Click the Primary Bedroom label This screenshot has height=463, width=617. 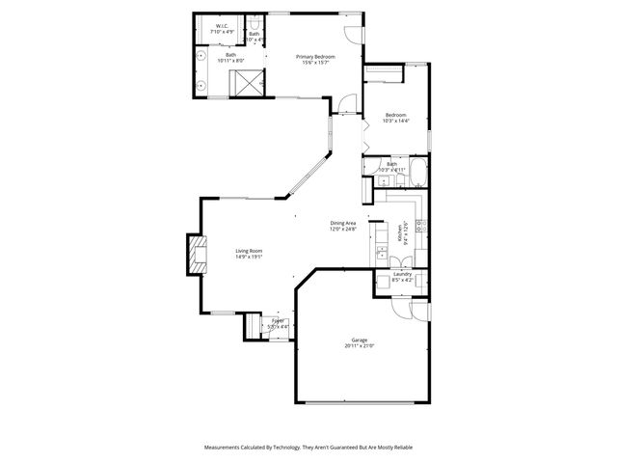pyautogui.click(x=315, y=57)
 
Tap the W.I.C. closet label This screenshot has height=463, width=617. pyautogui.click(x=222, y=27)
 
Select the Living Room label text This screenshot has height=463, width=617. pyautogui.click(x=249, y=251)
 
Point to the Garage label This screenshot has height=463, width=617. pyautogui.click(x=359, y=340)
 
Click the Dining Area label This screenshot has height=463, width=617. pyautogui.click(x=343, y=223)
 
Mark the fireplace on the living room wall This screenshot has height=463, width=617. pyautogui.click(x=197, y=255)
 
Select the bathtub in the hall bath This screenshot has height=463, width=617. pyautogui.click(x=418, y=175)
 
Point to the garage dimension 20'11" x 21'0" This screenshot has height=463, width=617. pyautogui.click(x=359, y=346)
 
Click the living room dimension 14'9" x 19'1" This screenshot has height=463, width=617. pyautogui.click(x=249, y=258)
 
